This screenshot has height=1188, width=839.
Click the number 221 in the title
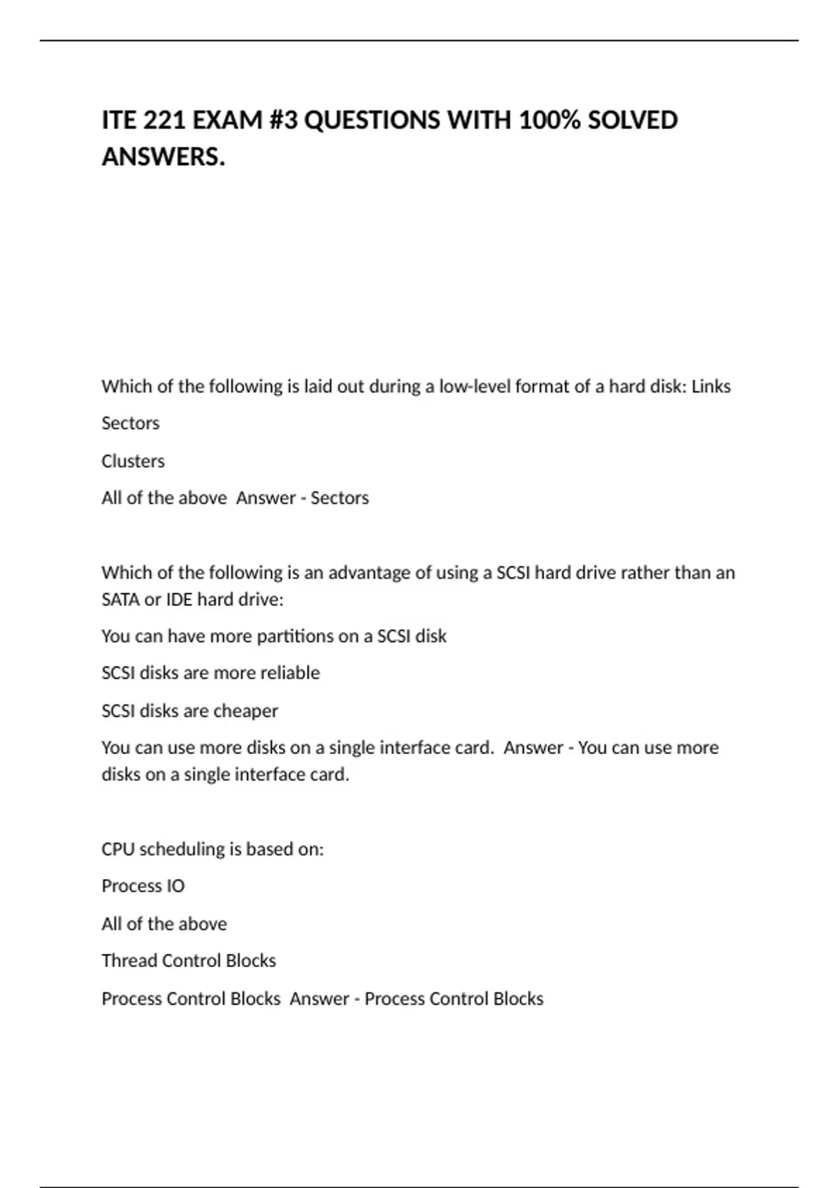(165, 120)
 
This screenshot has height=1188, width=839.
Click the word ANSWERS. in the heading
(164, 157)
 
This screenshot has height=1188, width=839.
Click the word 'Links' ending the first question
(711, 386)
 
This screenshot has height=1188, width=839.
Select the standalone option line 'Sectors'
(131, 423)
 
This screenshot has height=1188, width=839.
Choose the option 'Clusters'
(133, 461)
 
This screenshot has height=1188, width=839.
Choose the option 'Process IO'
(143, 886)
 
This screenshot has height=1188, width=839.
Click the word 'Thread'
(129, 961)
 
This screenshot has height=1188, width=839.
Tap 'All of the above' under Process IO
(164, 924)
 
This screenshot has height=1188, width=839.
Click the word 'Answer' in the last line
(319, 999)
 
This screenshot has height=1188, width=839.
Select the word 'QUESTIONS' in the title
(373, 120)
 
